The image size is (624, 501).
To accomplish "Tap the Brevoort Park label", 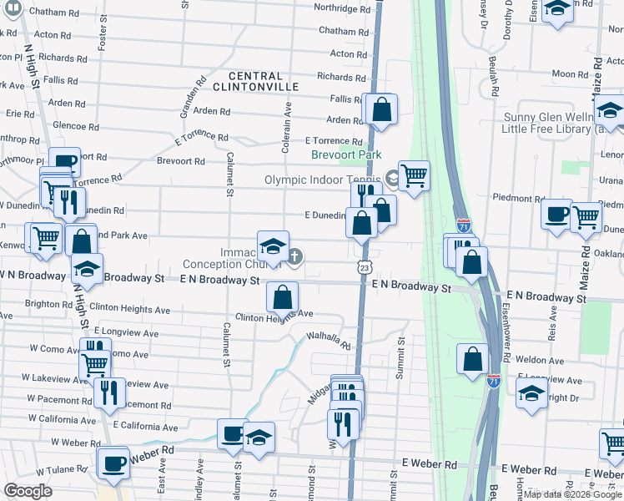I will (x=346, y=154).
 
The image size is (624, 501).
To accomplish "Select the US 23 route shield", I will (x=365, y=266).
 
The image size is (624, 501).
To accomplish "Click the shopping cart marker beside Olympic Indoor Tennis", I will (x=414, y=175).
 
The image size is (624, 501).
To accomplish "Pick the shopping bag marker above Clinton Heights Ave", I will (x=283, y=296).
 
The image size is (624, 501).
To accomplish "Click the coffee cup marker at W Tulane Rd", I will (x=113, y=463).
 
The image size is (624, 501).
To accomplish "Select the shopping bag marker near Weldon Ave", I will (x=473, y=359).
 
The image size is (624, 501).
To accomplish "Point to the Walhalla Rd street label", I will (x=329, y=341).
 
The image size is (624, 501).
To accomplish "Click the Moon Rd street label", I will (x=570, y=74).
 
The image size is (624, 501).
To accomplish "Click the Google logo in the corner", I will (x=28, y=491).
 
